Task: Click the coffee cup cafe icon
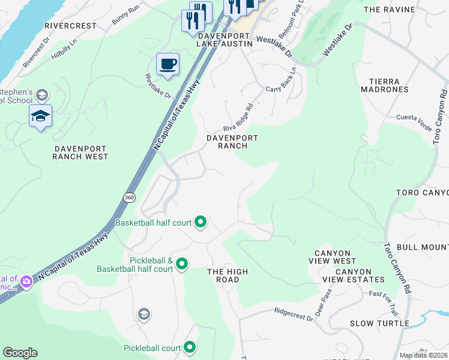[167, 64]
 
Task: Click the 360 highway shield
[129, 197]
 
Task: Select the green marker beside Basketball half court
[200, 223]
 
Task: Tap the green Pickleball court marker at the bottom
[190, 347]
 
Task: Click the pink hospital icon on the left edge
[26, 281]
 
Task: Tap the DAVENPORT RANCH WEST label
[80, 152]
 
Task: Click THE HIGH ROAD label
[228, 276]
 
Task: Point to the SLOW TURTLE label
[380, 323]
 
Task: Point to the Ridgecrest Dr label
[294, 312]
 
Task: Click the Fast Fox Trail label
[384, 295]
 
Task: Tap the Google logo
[20, 353]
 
